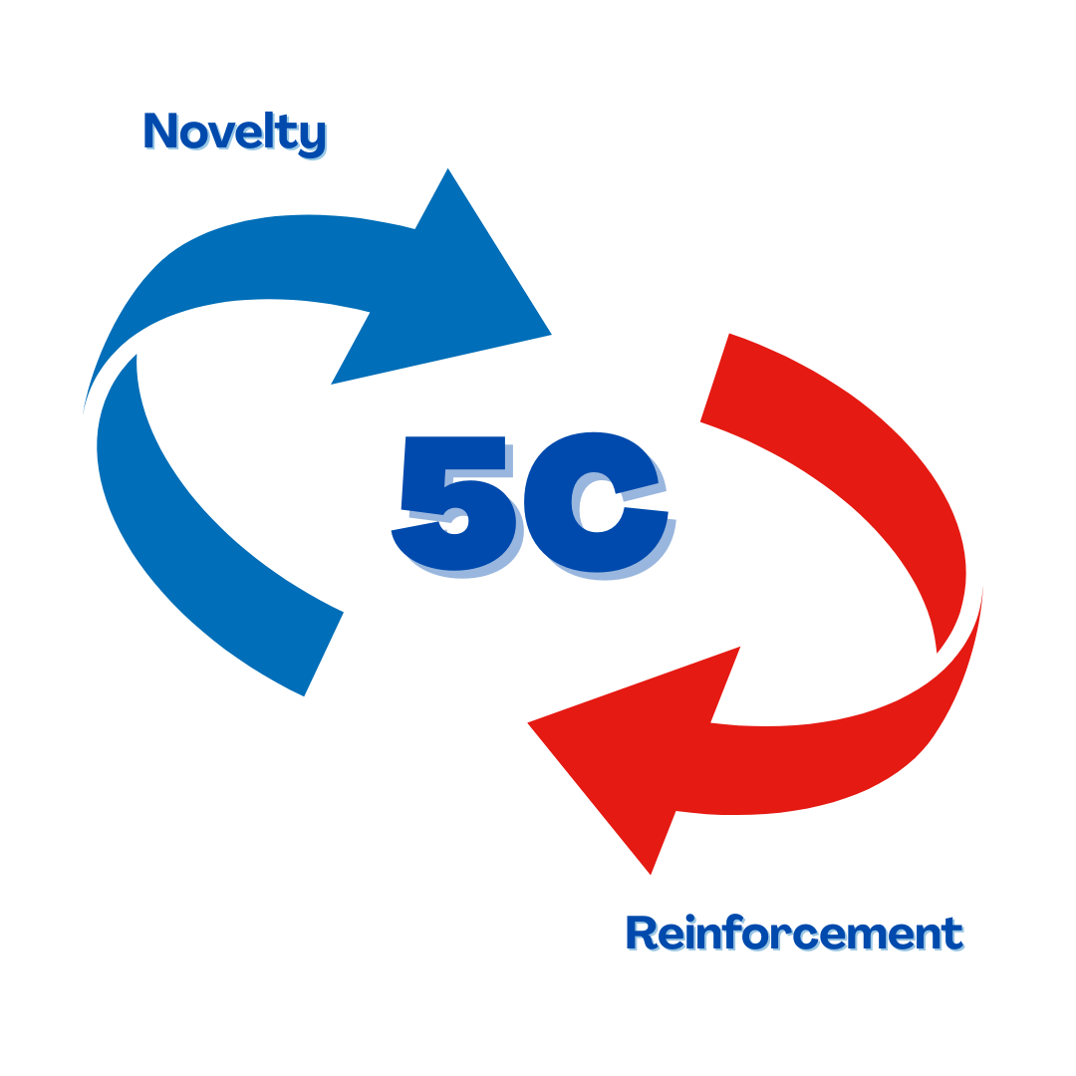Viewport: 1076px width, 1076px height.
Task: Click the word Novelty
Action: coord(235,134)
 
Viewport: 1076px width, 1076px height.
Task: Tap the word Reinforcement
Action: coord(795,936)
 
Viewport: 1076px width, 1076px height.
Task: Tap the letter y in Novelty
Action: coord(312,137)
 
